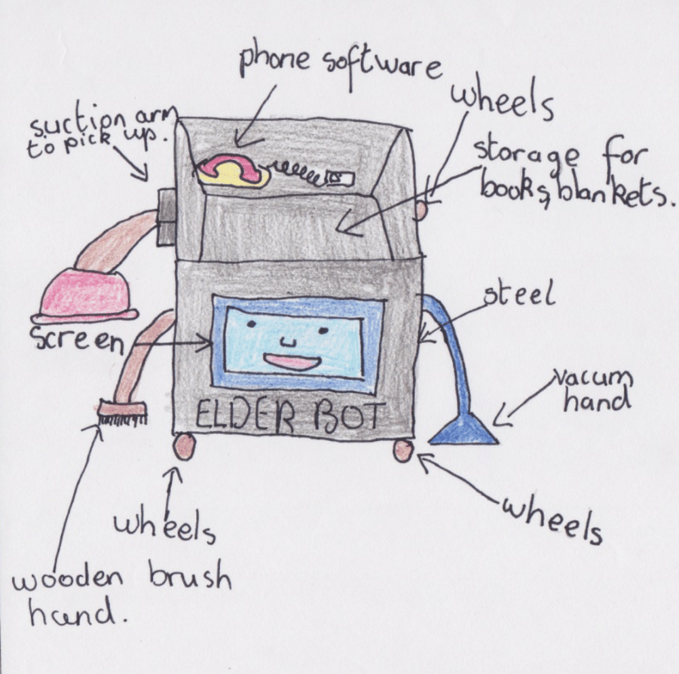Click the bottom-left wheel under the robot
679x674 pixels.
184,446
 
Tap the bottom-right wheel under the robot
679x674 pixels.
403,450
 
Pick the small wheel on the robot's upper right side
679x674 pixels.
421,208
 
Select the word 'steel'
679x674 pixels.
519,296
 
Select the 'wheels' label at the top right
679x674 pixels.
502,102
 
